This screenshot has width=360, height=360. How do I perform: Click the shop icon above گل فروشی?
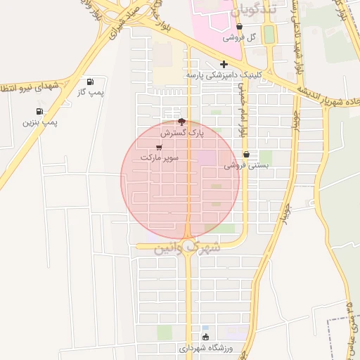(240, 27)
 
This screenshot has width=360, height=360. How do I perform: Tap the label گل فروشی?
(240, 37)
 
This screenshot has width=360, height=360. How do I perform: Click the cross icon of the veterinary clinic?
(224, 64)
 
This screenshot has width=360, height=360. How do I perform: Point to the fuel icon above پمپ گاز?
(89, 82)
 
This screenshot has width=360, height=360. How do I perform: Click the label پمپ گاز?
(89, 92)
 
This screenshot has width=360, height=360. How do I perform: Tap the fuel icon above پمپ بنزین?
(39, 111)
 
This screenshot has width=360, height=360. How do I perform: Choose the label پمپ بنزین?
(39, 122)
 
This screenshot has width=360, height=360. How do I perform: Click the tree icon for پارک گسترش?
(182, 122)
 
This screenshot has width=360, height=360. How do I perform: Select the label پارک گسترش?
(181, 132)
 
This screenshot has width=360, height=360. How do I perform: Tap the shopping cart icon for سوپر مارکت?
(159, 148)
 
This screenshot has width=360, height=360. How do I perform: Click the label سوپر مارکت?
(159, 158)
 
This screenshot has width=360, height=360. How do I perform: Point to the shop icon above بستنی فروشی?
(246, 155)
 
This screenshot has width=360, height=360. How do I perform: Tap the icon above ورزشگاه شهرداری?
(205, 337)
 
